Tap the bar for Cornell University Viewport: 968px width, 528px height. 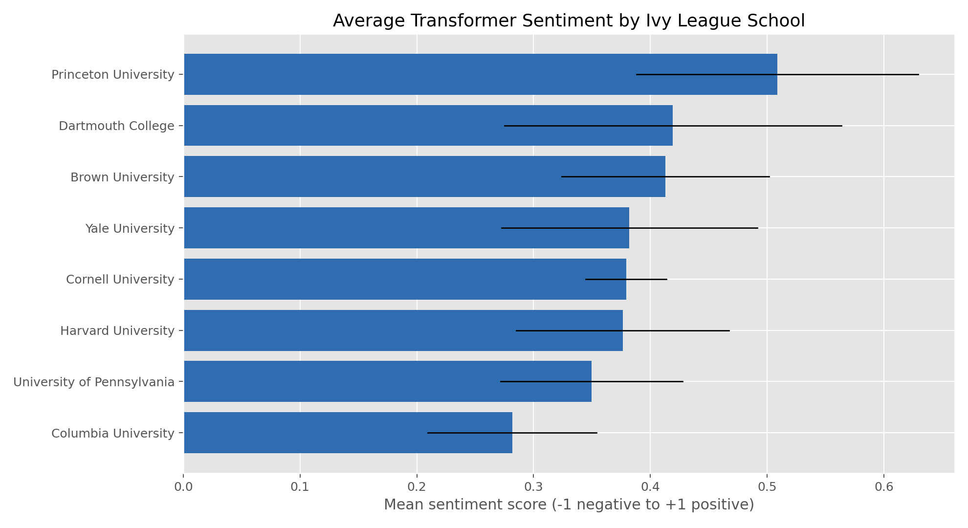(381, 279)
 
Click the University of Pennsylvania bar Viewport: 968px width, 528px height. (342, 381)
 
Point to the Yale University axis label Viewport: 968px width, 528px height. (130, 228)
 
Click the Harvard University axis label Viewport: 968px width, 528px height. (117, 331)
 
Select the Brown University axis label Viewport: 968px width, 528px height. (122, 177)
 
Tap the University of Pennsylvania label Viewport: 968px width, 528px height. (94, 382)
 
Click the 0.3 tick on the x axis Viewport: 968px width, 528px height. (533, 487)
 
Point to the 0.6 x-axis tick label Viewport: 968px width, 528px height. (884, 487)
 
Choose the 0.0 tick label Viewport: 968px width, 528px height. (184, 487)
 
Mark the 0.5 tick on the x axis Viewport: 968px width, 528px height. (767, 487)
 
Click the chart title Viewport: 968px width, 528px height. (569, 21)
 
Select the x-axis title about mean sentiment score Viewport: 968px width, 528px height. (569, 505)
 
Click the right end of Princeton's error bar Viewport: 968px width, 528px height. (919, 74)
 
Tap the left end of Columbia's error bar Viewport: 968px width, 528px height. (428, 433)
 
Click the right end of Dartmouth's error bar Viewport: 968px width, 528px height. (842, 126)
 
